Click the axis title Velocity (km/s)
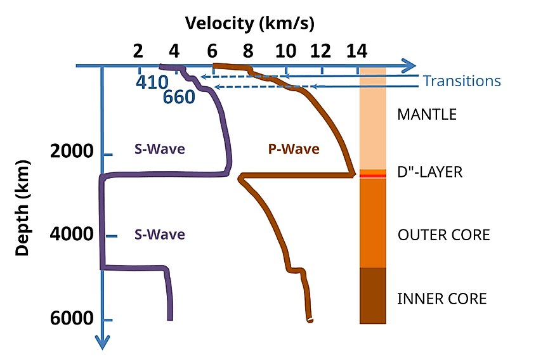[250, 24]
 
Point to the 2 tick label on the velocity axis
[138, 51]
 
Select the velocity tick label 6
[212, 51]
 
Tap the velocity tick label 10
[286, 51]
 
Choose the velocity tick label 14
[358, 51]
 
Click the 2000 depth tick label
[72, 152]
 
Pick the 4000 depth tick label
[72, 235]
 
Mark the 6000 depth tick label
[72, 319]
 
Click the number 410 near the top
[152, 82]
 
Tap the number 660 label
[179, 98]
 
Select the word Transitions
[462, 81]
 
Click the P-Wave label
[293, 150]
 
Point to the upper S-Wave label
[159, 150]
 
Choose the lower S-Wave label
[159, 235]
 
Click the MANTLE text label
[426, 115]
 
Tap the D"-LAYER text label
[430, 172]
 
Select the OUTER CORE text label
[443, 235]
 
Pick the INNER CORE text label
[441, 299]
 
